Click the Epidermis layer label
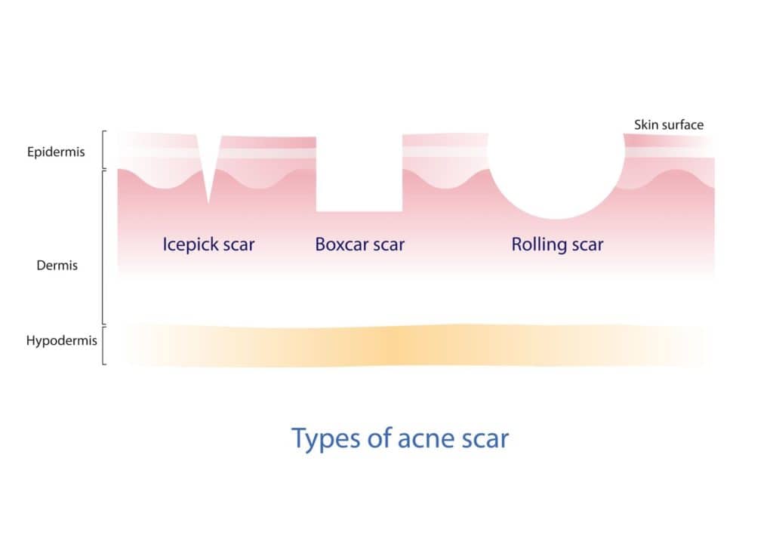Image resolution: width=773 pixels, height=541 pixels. click(57, 152)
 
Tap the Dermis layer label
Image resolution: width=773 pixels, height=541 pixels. click(57, 266)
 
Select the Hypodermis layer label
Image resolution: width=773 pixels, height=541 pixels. click(51, 341)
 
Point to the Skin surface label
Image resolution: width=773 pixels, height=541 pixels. click(668, 124)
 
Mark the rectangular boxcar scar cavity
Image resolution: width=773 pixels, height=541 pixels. click(359, 177)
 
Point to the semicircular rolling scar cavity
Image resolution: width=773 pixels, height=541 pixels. click(556, 181)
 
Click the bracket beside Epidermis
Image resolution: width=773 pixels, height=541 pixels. click(104, 150)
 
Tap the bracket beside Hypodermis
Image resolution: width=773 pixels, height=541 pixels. click(104, 345)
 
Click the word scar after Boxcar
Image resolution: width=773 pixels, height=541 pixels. click(388, 245)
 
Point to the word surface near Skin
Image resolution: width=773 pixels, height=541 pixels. click(682, 124)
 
